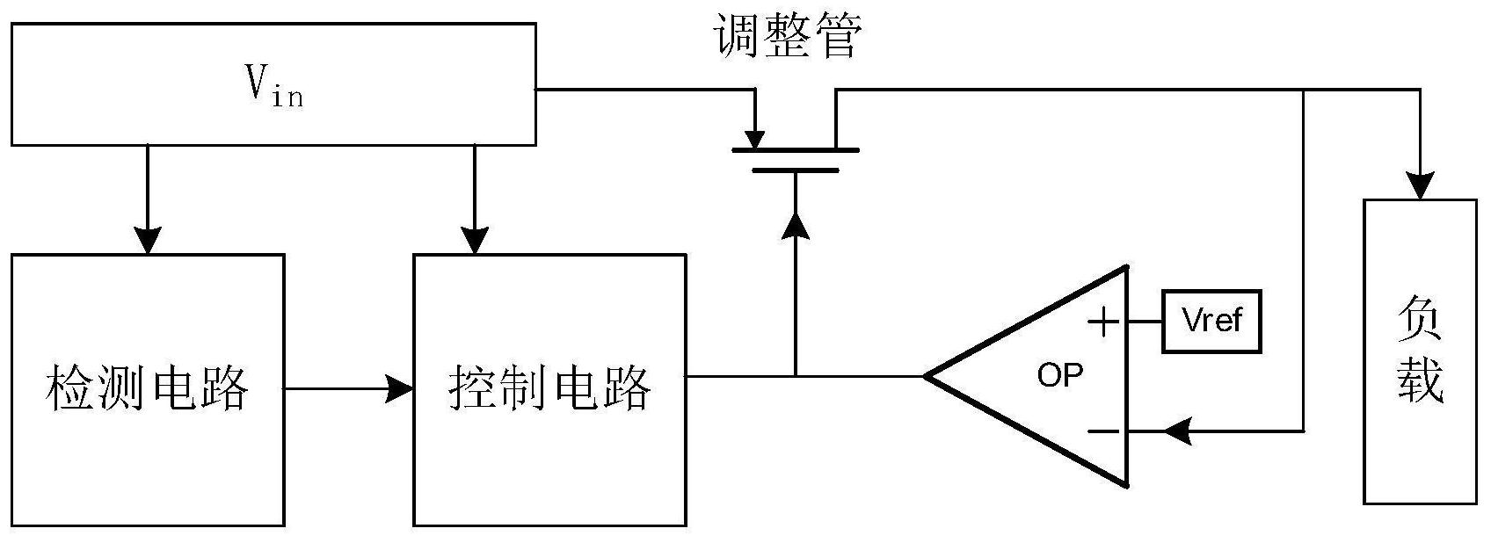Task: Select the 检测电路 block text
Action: coord(147,387)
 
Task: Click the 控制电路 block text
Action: coord(550,387)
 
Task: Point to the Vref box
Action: coord(1211,322)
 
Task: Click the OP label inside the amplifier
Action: coord(1060,375)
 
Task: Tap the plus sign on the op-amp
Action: coord(1103,322)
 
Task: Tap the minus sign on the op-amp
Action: coord(1103,431)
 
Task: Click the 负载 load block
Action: coord(1420,351)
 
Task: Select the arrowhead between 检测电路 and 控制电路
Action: coord(401,387)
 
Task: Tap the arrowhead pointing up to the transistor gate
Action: coord(796,225)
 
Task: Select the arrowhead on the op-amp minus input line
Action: coord(1175,431)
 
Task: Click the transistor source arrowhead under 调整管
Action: coord(754,139)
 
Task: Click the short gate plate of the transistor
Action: coord(795,170)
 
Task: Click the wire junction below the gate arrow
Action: coord(796,376)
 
